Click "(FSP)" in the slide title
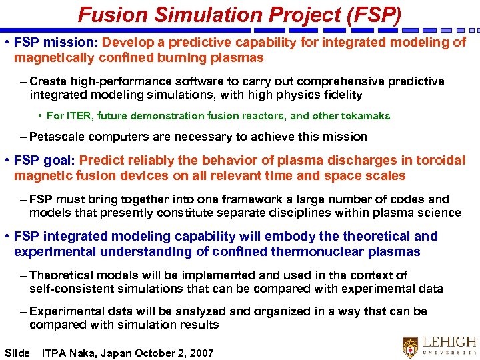pyautogui.click(x=369, y=14)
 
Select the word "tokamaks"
pyautogui.click(x=365, y=116)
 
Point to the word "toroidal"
pyautogui.click(x=440, y=161)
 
